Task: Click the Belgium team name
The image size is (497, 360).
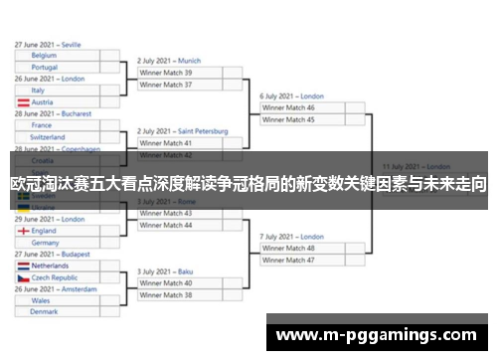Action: click(45, 56)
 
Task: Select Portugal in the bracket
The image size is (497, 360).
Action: click(45, 68)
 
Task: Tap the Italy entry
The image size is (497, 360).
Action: click(38, 90)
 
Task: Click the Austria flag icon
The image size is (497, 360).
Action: click(23, 102)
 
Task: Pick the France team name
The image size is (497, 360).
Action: click(41, 125)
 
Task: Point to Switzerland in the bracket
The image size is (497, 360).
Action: click(48, 137)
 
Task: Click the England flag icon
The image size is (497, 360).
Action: click(23, 231)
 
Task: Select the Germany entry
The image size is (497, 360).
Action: click(45, 243)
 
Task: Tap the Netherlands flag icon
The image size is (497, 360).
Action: click(23, 267)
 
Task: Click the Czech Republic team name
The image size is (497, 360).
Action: click(55, 278)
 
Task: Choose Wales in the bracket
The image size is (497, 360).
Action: click(41, 300)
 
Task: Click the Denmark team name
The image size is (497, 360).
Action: click(44, 312)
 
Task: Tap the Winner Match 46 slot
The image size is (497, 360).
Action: click(288, 107)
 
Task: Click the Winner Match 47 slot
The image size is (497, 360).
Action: click(288, 260)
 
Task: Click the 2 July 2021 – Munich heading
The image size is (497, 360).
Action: click(169, 61)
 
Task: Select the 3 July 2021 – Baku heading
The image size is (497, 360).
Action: click(165, 271)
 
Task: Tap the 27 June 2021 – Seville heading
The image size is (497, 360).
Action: click(48, 45)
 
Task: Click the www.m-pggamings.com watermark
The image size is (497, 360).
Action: click(382, 333)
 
